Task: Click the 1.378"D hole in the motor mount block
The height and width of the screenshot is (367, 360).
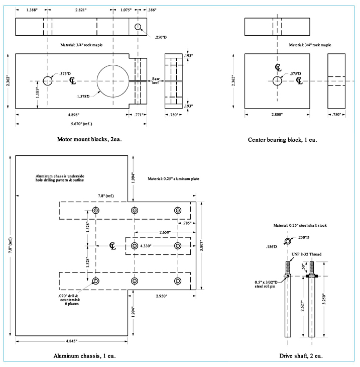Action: tap(113, 80)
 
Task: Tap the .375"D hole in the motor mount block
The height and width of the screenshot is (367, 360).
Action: tap(48, 80)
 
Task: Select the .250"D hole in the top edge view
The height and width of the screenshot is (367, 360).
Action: tap(139, 27)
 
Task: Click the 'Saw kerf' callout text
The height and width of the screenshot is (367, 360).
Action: tap(157, 81)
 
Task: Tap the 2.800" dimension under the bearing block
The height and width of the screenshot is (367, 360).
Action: tap(276, 115)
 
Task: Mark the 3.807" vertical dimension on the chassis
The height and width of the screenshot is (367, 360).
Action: tap(202, 246)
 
